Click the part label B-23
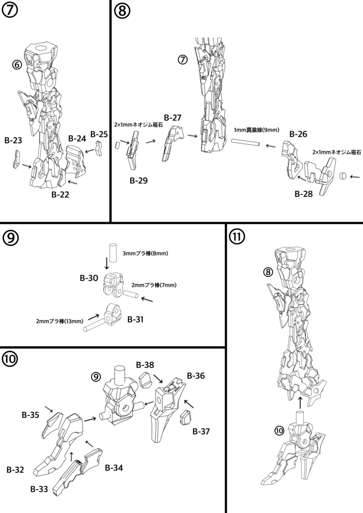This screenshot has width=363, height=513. (13, 141)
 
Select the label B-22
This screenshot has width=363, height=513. (60, 195)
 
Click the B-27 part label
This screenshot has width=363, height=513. (171, 118)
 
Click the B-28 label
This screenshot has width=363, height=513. (304, 194)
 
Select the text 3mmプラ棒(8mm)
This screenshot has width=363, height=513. (145, 253)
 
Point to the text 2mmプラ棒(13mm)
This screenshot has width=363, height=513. (59, 321)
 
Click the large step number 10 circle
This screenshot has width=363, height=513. (12, 359)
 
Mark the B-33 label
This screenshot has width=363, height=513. (39, 489)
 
